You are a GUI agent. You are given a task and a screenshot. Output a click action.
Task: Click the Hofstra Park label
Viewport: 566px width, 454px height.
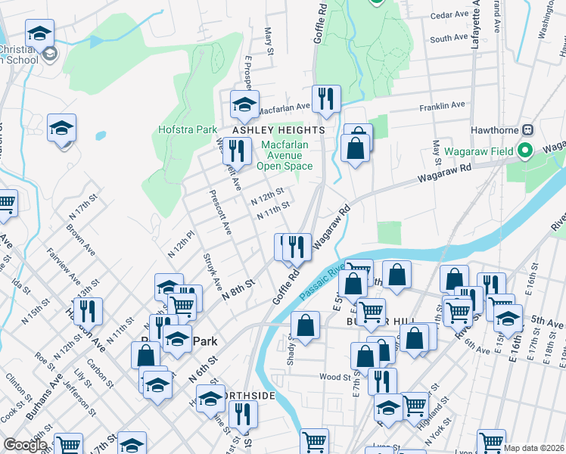click(188, 129)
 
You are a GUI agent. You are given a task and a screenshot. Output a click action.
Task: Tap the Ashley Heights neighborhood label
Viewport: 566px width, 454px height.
click(278, 130)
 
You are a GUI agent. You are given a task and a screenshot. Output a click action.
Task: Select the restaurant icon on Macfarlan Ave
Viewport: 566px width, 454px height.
click(326, 99)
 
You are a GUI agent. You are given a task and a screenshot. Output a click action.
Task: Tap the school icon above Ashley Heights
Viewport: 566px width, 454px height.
click(244, 106)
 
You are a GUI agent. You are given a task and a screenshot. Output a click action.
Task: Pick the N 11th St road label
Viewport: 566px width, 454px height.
click(274, 210)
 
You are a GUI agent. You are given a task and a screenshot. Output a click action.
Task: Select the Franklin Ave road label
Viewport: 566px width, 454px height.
click(447, 106)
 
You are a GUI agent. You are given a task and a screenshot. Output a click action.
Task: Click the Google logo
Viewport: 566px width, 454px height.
click(25, 445)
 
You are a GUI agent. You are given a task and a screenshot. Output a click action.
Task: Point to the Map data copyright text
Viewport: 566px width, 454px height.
click(533, 448)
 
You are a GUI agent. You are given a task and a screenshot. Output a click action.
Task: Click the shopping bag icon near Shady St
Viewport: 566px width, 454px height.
click(305, 326)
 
